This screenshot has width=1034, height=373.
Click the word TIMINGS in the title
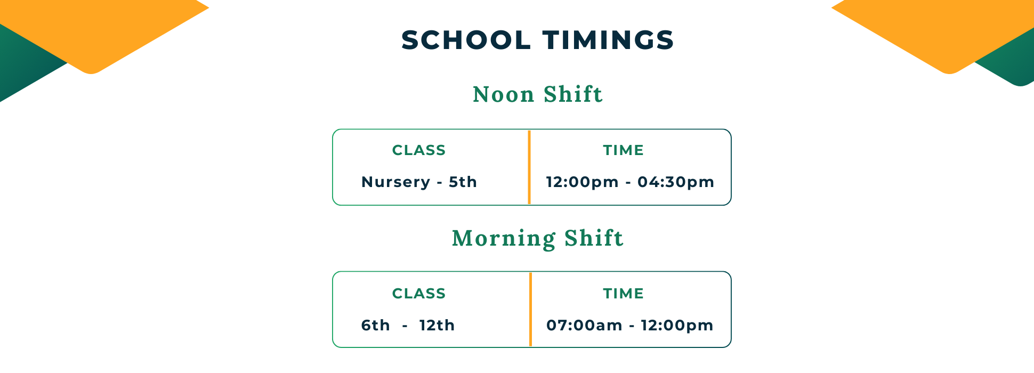[609, 40]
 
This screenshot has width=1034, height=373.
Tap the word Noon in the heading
[504, 94]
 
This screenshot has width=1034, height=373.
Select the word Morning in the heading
[503, 238]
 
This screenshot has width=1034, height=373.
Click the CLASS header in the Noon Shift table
[419, 150]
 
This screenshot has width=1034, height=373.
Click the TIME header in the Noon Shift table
[624, 150]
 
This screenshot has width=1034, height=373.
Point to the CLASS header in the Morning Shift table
[419, 294]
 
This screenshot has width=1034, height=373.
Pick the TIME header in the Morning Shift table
[624, 294]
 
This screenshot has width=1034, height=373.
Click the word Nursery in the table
[395, 183]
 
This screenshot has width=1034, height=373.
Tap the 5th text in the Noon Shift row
[463, 182]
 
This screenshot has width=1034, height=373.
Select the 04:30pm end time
[676, 182]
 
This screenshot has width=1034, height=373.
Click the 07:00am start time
[584, 325]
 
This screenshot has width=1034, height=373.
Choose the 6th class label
[375, 325]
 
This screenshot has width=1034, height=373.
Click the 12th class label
[437, 325]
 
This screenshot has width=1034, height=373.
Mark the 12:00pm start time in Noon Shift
[582, 182]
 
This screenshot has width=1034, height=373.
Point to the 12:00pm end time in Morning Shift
[677, 326]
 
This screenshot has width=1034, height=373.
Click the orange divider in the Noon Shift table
[529, 167]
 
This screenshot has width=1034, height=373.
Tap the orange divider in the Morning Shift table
[530, 310]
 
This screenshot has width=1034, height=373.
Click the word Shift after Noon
[573, 94]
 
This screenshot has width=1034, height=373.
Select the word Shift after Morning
[594, 238]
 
